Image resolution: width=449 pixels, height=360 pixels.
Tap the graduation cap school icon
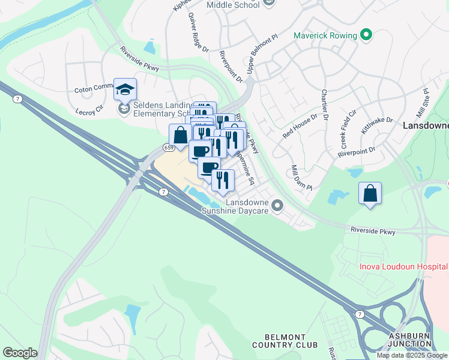coord(125,89)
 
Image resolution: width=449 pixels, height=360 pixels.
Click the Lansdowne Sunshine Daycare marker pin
coord(277,206)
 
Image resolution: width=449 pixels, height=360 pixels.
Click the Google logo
coord(20,353)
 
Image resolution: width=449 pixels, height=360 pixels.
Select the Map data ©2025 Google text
coord(412,355)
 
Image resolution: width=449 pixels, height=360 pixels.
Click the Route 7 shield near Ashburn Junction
coord(359,314)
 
